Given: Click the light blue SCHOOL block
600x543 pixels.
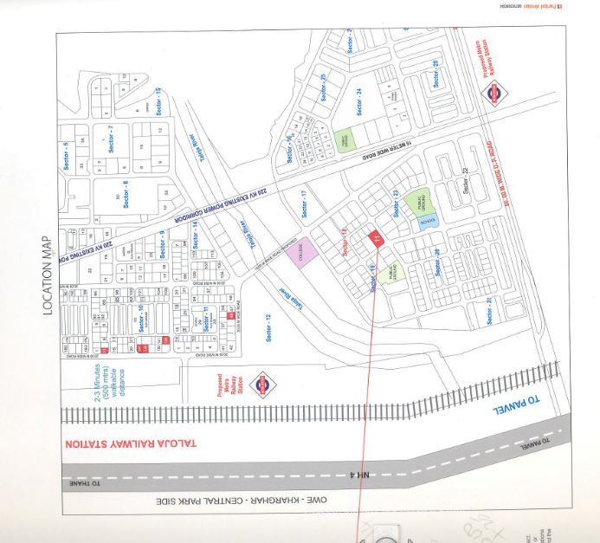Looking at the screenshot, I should (428, 221).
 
